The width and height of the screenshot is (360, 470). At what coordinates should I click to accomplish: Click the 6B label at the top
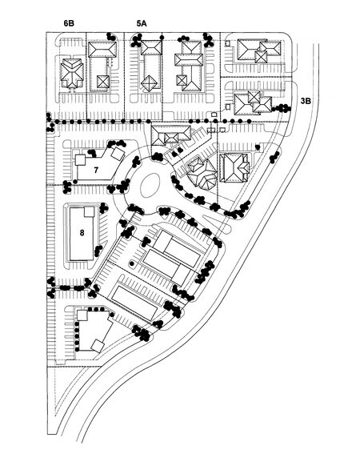tap(69, 23)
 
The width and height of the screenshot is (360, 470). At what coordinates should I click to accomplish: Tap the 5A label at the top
tap(142, 23)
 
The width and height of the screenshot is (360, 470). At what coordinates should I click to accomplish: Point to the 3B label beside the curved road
tap(306, 101)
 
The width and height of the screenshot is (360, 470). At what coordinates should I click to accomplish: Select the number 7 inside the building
tap(96, 171)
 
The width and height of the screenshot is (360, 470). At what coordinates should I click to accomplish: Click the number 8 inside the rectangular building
tap(82, 233)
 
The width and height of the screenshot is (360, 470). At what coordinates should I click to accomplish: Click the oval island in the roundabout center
tap(150, 185)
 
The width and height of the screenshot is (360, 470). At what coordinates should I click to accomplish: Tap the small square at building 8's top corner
tap(89, 211)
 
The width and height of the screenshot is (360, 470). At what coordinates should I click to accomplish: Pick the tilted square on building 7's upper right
tap(118, 154)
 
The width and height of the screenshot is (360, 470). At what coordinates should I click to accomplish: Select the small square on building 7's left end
tap(80, 160)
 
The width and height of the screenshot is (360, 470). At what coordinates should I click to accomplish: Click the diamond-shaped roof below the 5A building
tap(149, 83)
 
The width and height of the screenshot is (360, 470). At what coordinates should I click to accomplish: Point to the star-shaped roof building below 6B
tap(72, 73)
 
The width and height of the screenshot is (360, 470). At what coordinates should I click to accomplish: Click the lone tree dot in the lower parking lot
tap(132, 263)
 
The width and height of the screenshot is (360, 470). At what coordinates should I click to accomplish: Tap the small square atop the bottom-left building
tap(82, 315)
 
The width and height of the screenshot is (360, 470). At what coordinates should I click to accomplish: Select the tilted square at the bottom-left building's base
tap(98, 346)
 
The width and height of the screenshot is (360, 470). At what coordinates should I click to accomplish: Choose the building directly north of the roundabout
tap(171, 135)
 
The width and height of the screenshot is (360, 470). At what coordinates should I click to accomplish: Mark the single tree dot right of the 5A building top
tap(162, 38)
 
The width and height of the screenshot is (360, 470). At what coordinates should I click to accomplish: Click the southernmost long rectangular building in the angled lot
tap(134, 303)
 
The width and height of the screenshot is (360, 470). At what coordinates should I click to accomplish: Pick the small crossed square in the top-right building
tap(261, 57)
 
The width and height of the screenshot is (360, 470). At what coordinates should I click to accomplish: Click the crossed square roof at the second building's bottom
tap(103, 81)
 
